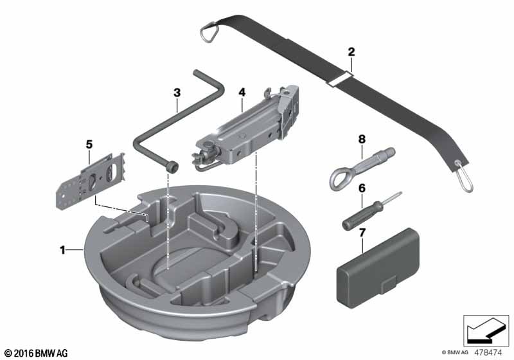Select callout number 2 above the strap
click(x=351, y=51)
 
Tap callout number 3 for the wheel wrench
click(x=176, y=93)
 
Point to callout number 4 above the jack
click(x=242, y=93)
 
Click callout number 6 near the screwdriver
click(x=362, y=188)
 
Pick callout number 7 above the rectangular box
click(x=362, y=231)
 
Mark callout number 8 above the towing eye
click(x=362, y=138)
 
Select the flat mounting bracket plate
click(x=89, y=179)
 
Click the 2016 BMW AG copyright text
click(x=36, y=353)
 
